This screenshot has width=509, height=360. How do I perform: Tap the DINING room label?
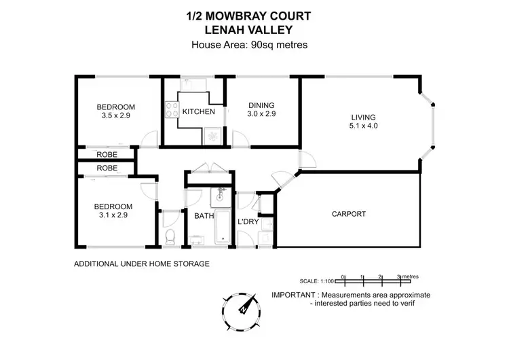pyautogui.click(x=261, y=105)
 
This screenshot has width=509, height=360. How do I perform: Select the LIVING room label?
pyautogui.click(x=362, y=116)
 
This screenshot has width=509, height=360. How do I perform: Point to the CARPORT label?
pyautogui.click(x=349, y=214)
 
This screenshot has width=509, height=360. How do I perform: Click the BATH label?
pyautogui.click(x=204, y=217)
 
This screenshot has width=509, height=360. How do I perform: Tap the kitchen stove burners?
pyautogui.click(x=170, y=111)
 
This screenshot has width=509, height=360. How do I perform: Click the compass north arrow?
pyautogui.click(x=249, y=304)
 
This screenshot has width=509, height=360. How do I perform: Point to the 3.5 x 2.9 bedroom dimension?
pyautogui.click(x=115, y=116)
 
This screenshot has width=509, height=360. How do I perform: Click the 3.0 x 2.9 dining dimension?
pyautogui.click(x=261, y=114)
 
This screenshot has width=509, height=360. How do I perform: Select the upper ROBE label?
pyautogui.click(x=107, y=155)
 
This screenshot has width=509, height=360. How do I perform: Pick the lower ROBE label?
pyautogui.click(x=107, y=168)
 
